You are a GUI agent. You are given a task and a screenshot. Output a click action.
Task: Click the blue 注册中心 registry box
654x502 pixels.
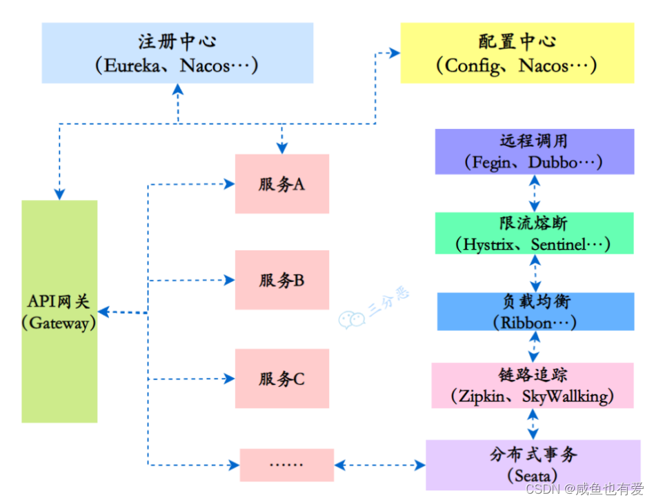177,53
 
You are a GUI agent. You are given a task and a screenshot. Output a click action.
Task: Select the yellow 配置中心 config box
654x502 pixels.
517,53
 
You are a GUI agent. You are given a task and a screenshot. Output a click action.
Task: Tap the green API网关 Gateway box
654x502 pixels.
59,311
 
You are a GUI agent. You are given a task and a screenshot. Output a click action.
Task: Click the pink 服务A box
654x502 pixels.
281,184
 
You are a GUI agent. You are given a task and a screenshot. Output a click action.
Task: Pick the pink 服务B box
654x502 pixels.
281,280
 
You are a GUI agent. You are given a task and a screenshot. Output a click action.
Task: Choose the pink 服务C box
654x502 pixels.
281,379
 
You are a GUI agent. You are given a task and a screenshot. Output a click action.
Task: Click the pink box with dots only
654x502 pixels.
286,465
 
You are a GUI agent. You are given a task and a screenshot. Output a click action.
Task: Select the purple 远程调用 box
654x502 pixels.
534,152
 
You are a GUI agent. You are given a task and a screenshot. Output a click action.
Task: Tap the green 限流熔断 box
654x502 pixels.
534,234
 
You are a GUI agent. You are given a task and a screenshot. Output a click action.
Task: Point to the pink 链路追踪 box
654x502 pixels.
533,385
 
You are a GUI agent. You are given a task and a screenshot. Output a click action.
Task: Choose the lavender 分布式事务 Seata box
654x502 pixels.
533,465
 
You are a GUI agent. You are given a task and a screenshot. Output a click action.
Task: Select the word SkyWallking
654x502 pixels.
565,396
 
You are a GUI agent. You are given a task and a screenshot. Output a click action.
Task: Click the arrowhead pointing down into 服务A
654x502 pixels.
281,148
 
